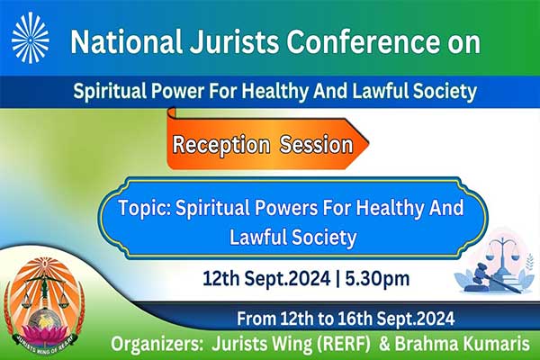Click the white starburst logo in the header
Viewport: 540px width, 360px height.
[31, 38]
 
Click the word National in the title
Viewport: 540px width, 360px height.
[126, 41]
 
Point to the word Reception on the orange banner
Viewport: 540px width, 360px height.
[220, 144]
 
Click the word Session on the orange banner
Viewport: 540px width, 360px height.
[316, 144]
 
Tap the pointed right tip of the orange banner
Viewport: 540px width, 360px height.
[369, 143]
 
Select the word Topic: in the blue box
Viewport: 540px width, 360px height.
[145, 208]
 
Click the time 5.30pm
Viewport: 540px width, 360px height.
[377, 278]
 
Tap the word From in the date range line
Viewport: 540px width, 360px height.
[256, 319]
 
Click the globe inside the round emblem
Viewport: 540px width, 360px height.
[44, 319]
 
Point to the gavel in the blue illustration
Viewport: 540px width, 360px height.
[487, 274]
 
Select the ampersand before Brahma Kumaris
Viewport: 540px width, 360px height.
[384, 344]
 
